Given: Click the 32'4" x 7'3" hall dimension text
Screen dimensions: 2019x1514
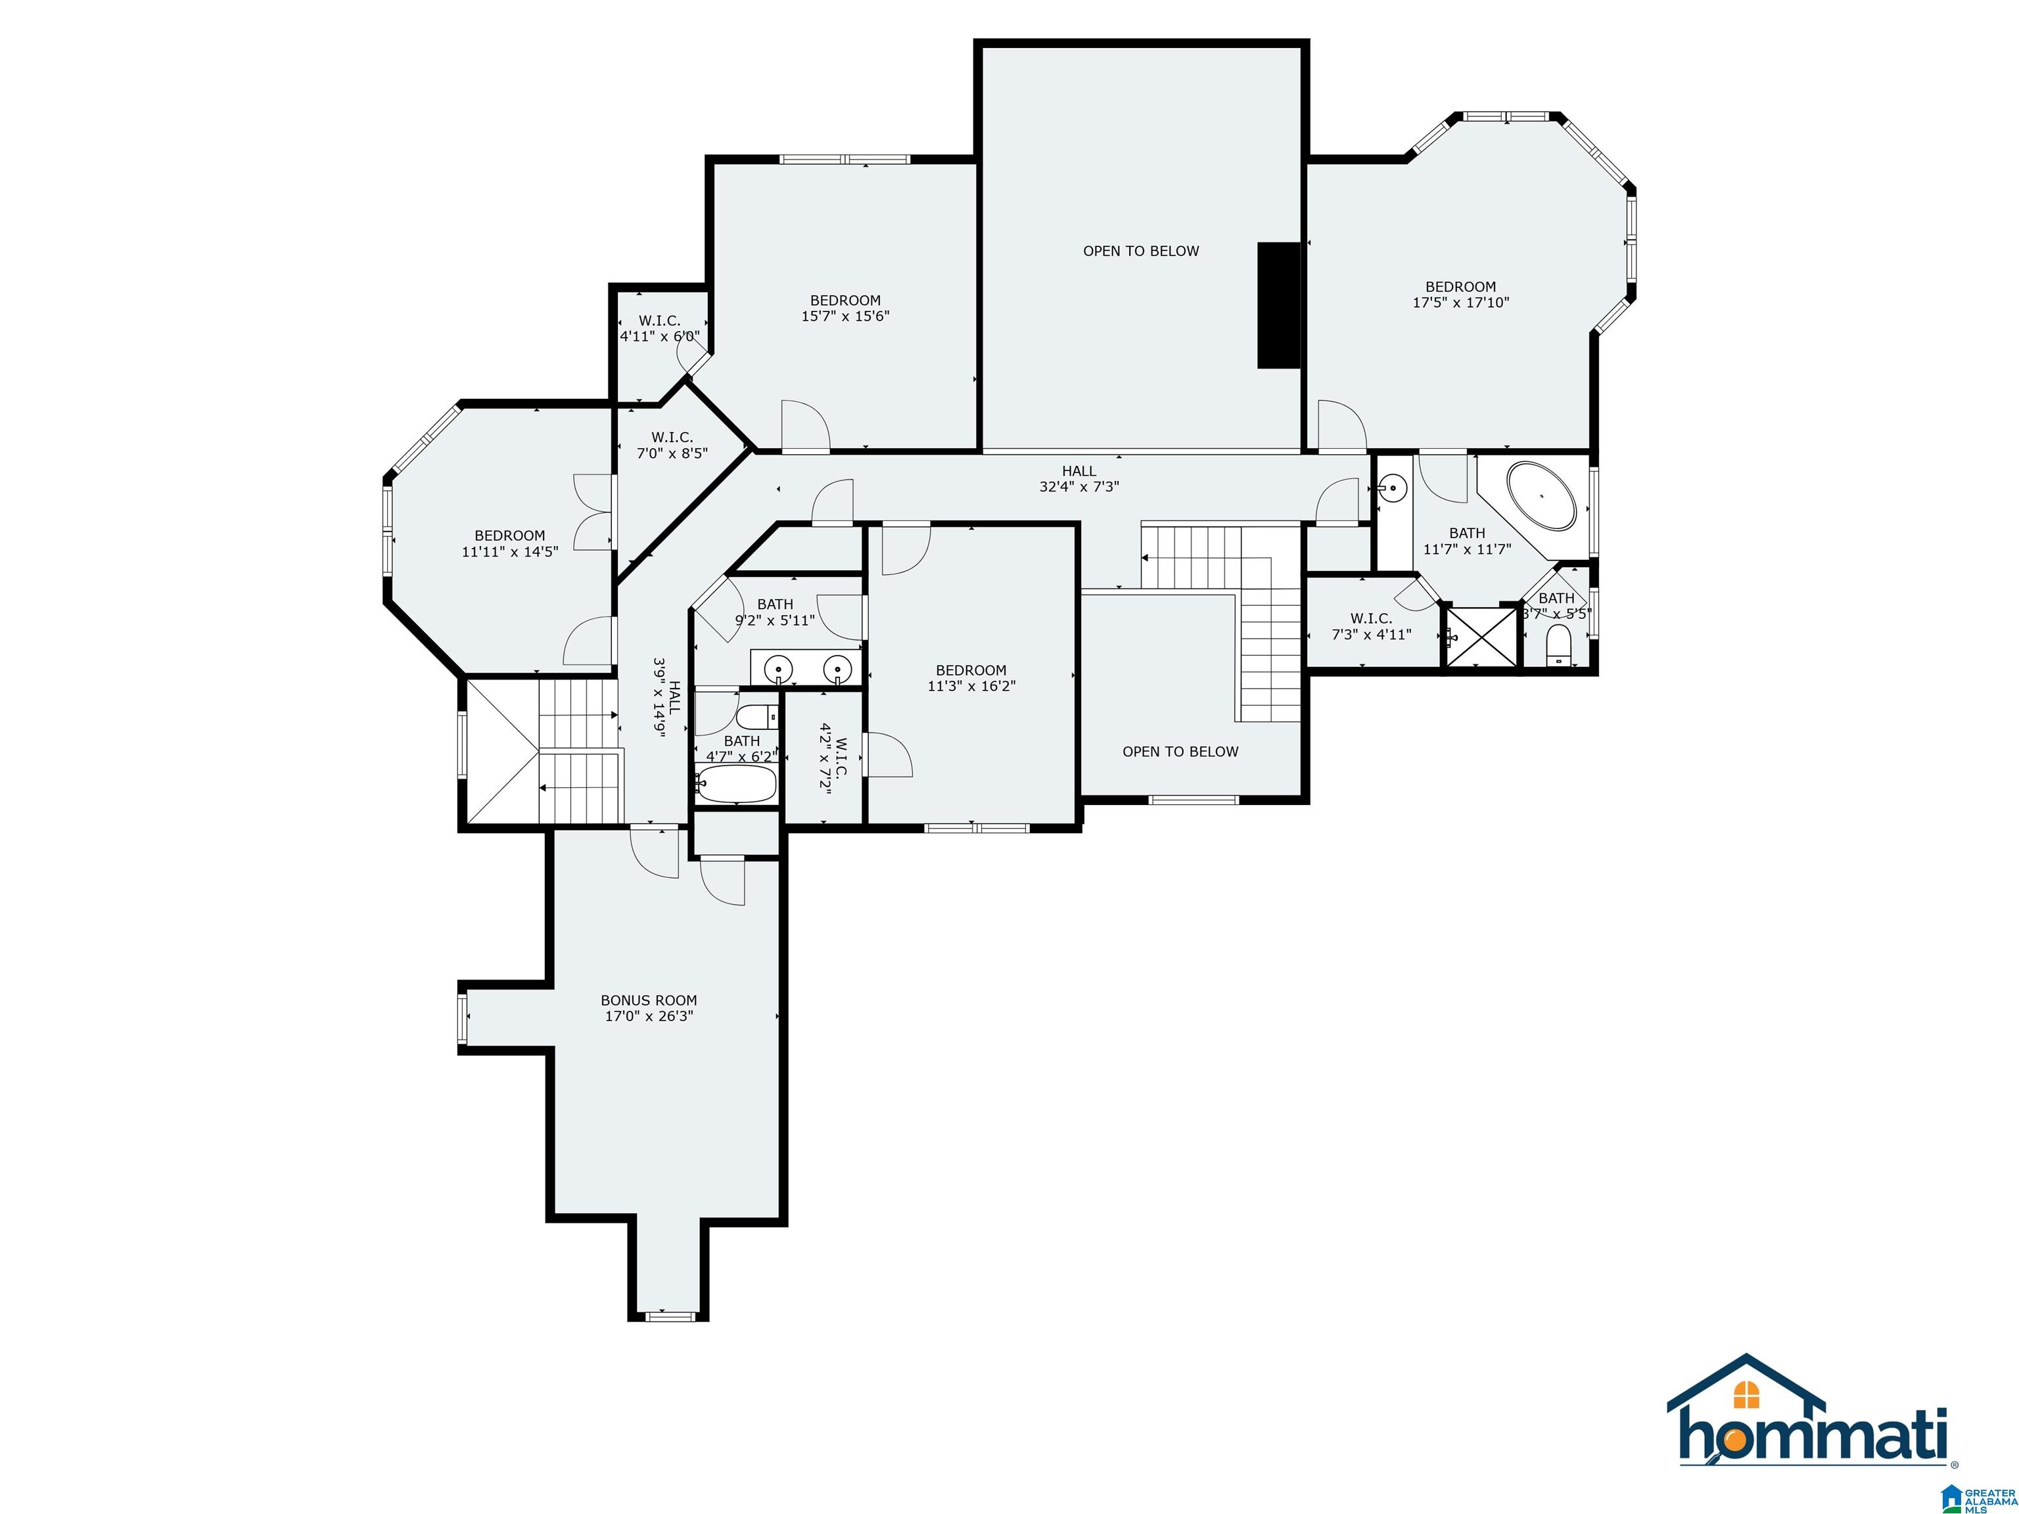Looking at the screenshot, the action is pyautogui.click(x=1079, y=486).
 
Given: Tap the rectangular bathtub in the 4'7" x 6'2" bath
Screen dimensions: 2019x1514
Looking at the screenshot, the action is pyautogui.click(x=735, y=783).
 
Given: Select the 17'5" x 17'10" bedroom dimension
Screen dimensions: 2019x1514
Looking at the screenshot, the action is pyautogui.click(x=1460, y=302).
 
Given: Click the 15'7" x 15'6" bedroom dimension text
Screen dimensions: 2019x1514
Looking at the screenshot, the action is pyautogui.click(x=845, y=316).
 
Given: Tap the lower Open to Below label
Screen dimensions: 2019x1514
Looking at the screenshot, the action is pyautogui.click(x=1180, y=751).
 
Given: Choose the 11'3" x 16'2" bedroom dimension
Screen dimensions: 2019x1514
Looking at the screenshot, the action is pyautogui.click(x=971, y=685).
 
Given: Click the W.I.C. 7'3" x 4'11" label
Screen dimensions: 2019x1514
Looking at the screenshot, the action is pyautogui.click(x=1371, y=626).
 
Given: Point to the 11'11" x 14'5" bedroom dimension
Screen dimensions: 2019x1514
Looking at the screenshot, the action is pyautogui.click(x=509, y=551).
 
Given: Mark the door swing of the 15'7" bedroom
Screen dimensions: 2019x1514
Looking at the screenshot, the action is pyautogui.click(x=806, y=425).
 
